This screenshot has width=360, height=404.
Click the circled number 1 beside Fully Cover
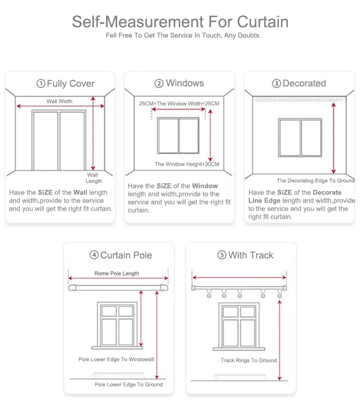pyautogui.click(x=41, y=83)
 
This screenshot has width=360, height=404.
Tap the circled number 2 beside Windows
pyautogui.click(x=159, y=83)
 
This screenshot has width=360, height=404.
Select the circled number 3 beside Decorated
pyautogui.click(x=277, y=83)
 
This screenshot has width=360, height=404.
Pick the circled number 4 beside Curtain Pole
pyautogui.click(x=94, y=255)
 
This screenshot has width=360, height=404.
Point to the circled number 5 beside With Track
pyautogui.click(x=222, y=255)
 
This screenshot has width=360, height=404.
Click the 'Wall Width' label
pyautogui.click(x=59, y=102)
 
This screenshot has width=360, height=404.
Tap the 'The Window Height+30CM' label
pyautogui.click(x=187, y=164)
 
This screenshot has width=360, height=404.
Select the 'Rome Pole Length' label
pyautogui.click(x=117, y=273)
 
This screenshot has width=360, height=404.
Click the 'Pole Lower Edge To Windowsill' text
pyautogui.click(x=116, y=359)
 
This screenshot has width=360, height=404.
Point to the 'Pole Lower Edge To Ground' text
pyautogui.click(x=129, y=384)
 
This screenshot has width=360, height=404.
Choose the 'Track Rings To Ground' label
pyautogui.click(x=249, y=360)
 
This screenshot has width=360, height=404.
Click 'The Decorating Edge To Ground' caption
pyautogui.click(x=316, y=181)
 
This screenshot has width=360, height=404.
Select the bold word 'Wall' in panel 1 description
pyautogui.click(x=80, y=192)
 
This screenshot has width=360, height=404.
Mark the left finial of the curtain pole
pyautogui.click(x=72, y=288)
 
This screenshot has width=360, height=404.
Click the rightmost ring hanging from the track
pyautogui.click(x=280, y=294)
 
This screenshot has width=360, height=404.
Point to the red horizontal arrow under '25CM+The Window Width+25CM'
pyautogui.click(x=178, y=109)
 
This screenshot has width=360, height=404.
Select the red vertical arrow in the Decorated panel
pyautogui.click(x=334, y=138)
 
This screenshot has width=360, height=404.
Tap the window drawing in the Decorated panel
pyautogui.click(x=300, y=137)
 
